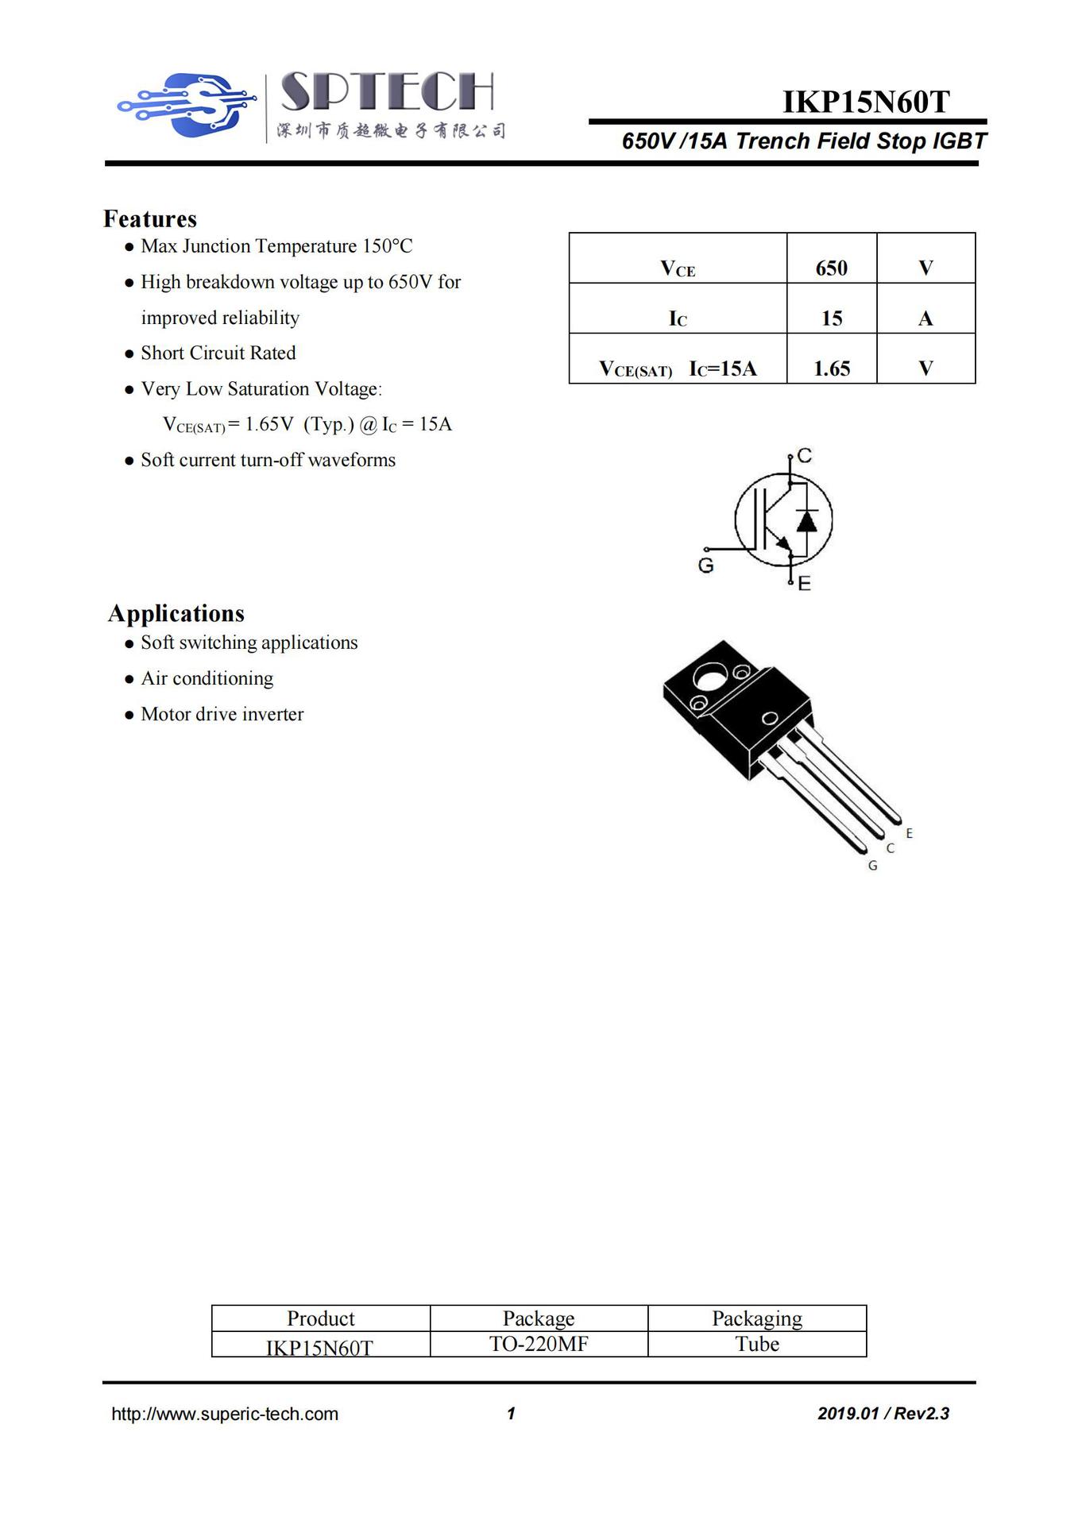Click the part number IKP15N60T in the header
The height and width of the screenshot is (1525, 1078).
tap(866, 102)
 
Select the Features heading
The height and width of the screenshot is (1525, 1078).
tap(150, 218)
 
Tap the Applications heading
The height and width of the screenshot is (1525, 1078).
tap(176, 613)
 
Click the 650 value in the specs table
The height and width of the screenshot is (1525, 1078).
tap(831, 268)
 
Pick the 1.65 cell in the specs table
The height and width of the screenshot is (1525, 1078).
tap(831, 368)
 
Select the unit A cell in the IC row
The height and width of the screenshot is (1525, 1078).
tap(925, 319)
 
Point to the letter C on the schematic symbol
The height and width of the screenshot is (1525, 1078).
tap(805, 455)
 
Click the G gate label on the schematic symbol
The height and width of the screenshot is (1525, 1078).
tap(705, 566)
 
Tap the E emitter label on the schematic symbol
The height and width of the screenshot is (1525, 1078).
tap(805, 584)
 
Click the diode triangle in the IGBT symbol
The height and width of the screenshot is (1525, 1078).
tap(806, 521)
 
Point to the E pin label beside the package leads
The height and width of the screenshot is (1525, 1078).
tap(909, 833)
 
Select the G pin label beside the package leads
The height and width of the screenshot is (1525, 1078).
tap(872, 866)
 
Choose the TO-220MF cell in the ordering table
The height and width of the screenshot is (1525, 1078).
tap(539, 1344)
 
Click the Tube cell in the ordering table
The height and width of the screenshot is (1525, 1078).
tap(757, 1344)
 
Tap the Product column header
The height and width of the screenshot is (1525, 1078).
tap(321, 1318)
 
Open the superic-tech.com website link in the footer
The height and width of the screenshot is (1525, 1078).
tap(225, 1414)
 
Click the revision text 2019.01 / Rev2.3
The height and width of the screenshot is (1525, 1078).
tap(883, 1414)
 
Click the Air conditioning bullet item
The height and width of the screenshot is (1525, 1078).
tap(207, 678)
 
